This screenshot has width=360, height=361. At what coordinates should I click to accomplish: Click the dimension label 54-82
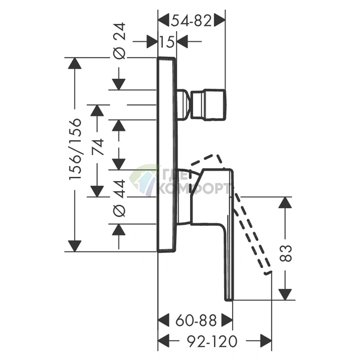(191, 21)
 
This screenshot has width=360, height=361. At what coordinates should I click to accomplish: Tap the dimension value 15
(167, 42)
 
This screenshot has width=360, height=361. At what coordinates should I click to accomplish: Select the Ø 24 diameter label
(119, 41)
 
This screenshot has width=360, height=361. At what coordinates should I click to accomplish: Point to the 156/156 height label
(75, 149)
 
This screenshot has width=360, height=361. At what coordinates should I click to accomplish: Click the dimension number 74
(97, 147)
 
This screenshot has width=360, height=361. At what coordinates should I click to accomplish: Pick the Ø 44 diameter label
(119, 198)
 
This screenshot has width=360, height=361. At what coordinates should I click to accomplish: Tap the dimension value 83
(285, 253)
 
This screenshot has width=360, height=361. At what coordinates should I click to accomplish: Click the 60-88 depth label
(196, 320)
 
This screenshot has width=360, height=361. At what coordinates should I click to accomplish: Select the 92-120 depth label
(212, 341)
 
